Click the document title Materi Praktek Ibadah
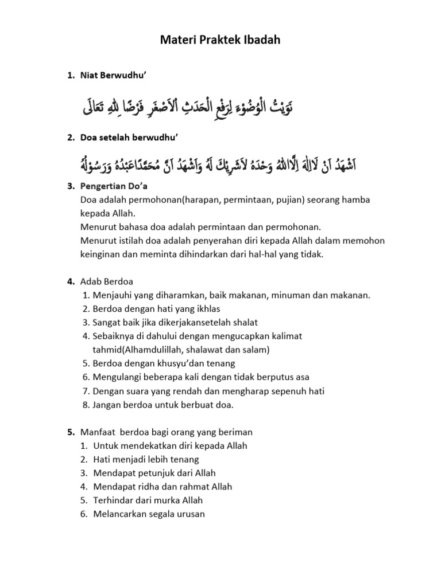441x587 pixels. (220, 41)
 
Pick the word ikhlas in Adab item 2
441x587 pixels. (197, 309)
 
